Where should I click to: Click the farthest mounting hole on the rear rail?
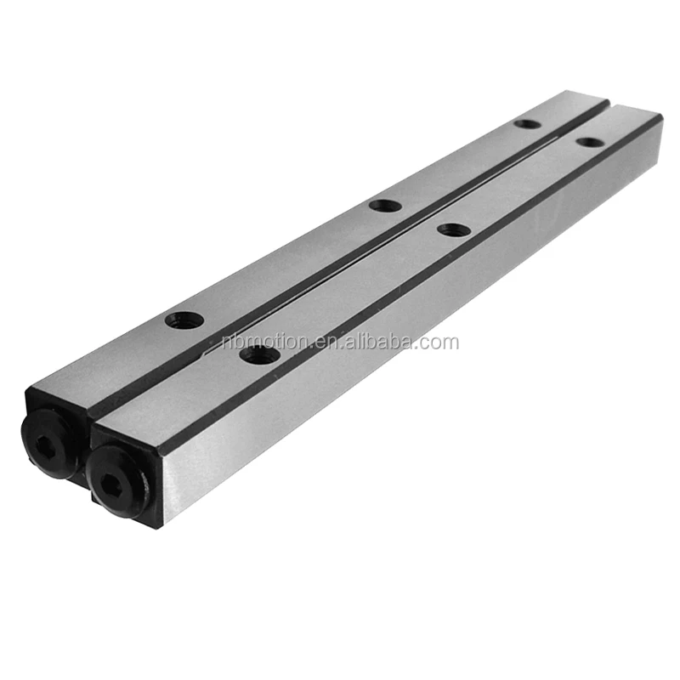pos(527,124)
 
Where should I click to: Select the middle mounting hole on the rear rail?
pos(386,205)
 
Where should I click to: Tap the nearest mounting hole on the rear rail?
pos(184,321)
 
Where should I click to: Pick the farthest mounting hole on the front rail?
pos(588,142)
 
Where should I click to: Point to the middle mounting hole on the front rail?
pos(454,229)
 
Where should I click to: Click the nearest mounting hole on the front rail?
pos(258,354)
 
